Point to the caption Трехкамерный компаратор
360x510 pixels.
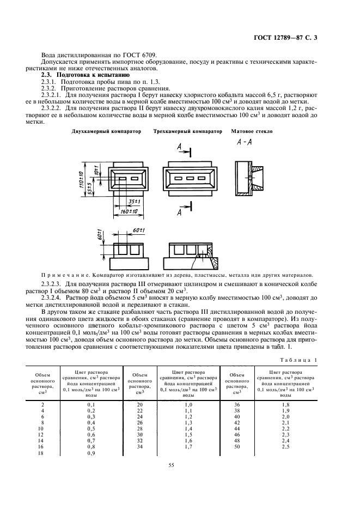[188, 131]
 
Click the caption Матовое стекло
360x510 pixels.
[252, 131]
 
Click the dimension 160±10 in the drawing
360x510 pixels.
[127, 211]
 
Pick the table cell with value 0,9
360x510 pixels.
[91, 453]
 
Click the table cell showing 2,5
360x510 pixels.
[285, 446]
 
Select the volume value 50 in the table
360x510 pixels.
[236, 446]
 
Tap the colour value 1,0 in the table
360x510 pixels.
[188, 405]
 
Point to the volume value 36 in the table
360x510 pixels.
[236, 405]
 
